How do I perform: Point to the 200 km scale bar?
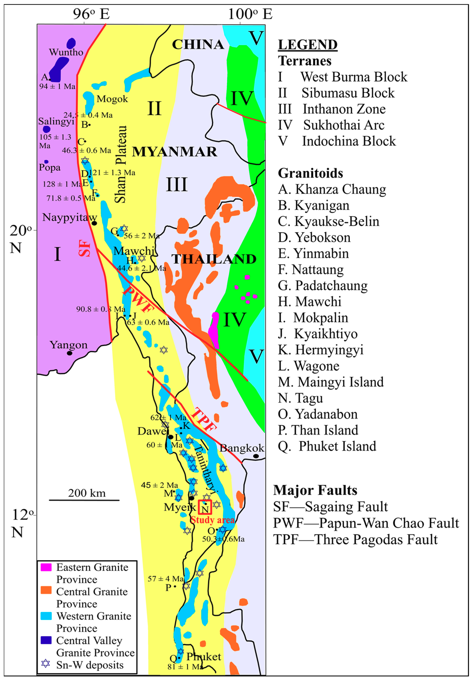pyautogui.click(x=84, y=500)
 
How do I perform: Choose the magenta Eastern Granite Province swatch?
pyautogui.click(x=46, y=567)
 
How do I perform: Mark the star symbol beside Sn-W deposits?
pyautogui.click(x=46, y=663)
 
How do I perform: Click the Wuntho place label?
pyautogui.click(x=66, y=52)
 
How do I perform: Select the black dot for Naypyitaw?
pyautogui.click(x=94, y=223)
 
